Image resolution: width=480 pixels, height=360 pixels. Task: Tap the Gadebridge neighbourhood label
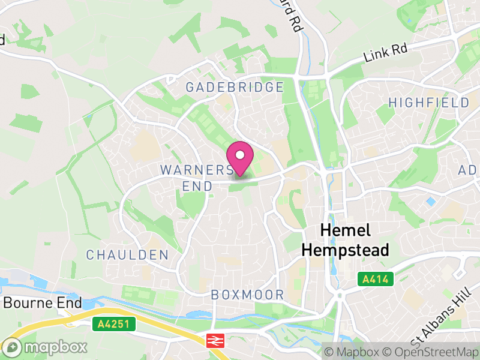point(234,87)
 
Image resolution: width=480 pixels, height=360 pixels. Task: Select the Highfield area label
point(428,103)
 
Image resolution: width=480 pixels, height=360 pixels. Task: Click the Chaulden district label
point(127,255)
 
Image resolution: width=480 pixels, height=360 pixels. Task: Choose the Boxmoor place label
point(247,295)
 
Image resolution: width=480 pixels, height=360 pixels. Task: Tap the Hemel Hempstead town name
point(345,240)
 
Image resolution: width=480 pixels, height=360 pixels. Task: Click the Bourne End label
point(42,302)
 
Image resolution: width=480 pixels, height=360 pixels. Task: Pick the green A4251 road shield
point(115,325)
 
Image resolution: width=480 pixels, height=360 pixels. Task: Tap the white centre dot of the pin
point(240,155)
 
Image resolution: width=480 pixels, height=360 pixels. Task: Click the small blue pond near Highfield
point(430,202)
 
